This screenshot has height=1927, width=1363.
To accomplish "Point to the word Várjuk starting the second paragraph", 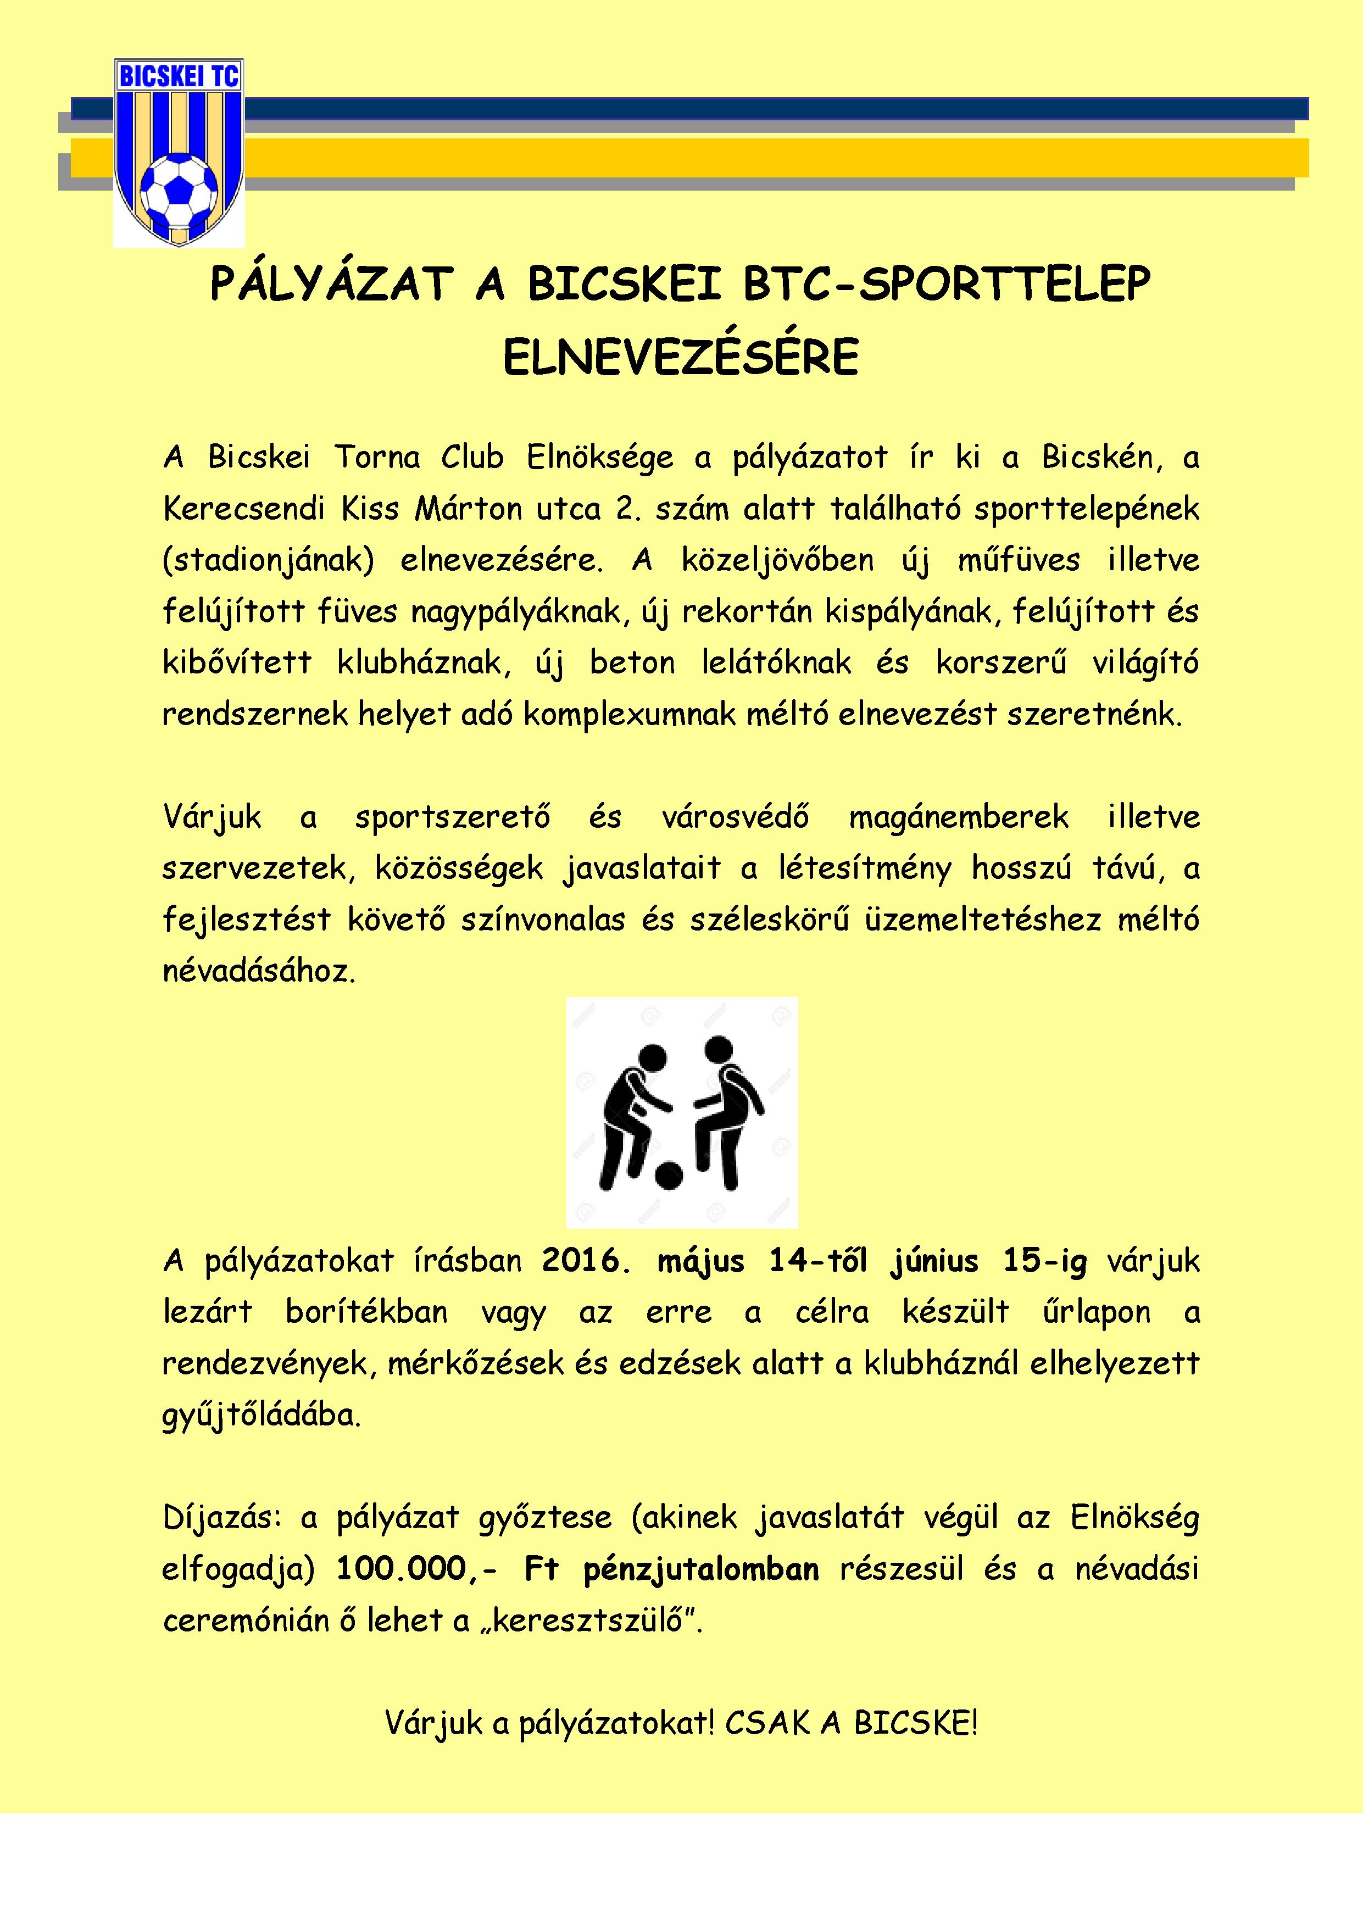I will (213, 817).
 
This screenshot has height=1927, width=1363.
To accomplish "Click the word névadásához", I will (259, 972).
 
